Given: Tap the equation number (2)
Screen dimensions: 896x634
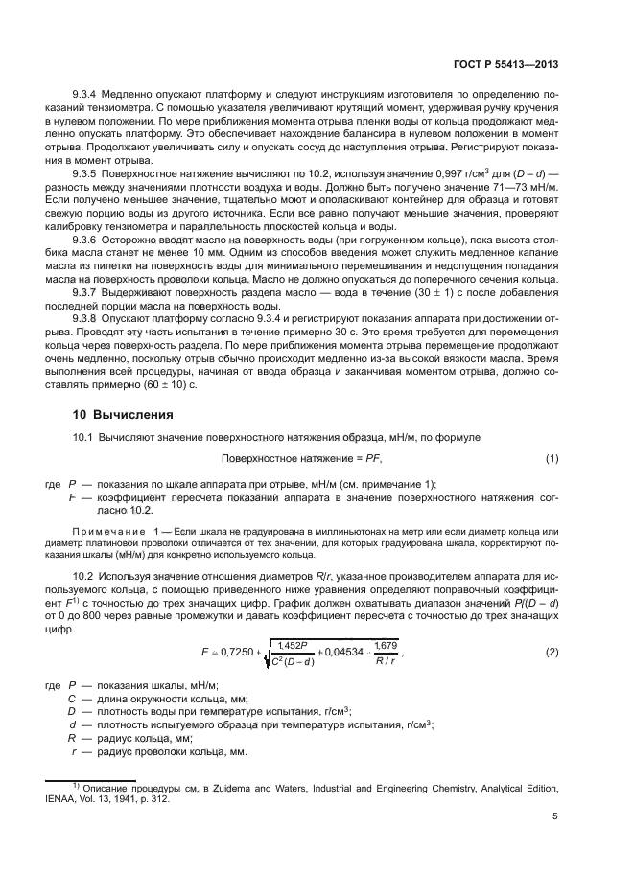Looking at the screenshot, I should point(552,652).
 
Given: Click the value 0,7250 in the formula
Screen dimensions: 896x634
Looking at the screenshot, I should point(235,652).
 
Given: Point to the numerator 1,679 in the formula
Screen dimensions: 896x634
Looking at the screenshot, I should point(385,645).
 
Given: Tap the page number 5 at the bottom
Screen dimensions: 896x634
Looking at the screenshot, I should point(555,816).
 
